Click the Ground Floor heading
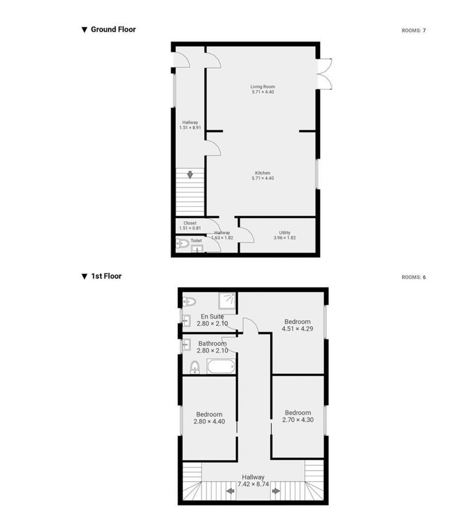[113, 29]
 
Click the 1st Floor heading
[106, 276]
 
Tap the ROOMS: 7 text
[414, 31]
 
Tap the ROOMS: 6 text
[414, 277]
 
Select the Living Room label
[263, 87]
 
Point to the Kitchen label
[263, 173]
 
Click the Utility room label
[284, 233]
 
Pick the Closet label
[190, 223]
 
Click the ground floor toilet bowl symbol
[183, 243]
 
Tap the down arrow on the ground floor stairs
[190, 175]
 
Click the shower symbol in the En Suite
[227, 300]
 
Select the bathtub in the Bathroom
[221, 367]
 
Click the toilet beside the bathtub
[195, 367]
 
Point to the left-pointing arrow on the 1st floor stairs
[230, 491]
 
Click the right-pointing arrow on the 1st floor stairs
[276, 491]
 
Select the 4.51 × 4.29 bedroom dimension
[297, 329]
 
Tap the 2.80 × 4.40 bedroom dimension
[209, 422]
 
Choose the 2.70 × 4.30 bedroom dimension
[298, 420]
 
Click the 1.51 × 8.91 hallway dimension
[190, 128]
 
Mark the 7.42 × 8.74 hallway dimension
[253, 485]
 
